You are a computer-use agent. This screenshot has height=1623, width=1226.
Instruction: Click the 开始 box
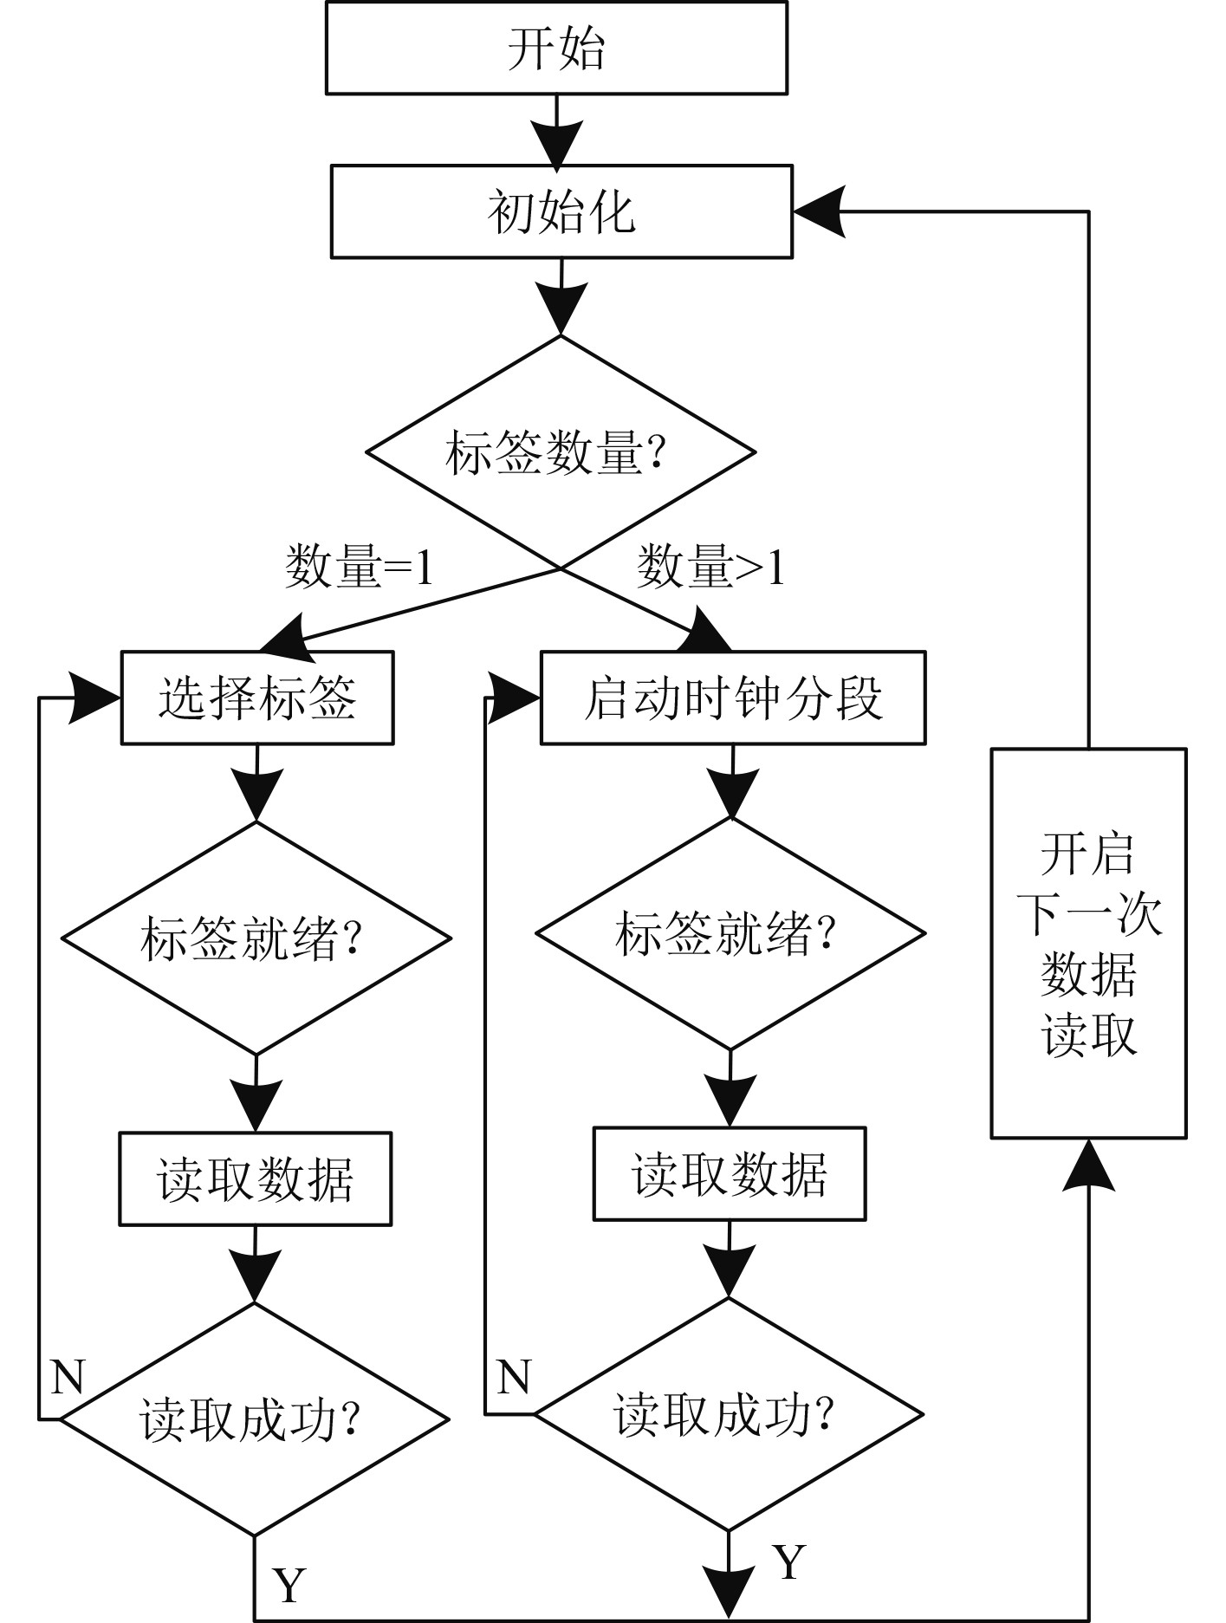click(x=556, y=48)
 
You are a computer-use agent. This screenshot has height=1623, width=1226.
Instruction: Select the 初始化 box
click(x=561, y=212)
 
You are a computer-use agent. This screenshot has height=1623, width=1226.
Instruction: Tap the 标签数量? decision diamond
click(x=561, y=452)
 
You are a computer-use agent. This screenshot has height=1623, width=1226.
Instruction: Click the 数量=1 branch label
click(x=359, y=568)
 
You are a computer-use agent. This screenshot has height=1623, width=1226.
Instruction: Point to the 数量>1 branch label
click(x=710, y=568)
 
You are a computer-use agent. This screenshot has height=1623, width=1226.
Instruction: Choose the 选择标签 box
click(x=257, y=698)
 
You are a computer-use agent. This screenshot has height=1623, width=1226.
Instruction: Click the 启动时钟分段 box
click(x=733, y=698)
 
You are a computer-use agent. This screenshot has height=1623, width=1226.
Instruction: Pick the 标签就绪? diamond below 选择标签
click(x=256, y=938)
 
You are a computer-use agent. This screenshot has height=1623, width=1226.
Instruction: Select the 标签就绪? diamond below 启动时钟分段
click(x=730, y=934)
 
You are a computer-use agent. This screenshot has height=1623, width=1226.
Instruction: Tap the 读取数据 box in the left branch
click(x=256, y=1178)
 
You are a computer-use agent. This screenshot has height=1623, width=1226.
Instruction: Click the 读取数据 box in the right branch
click(x=730, y=1174)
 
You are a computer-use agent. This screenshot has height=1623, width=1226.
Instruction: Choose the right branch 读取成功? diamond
click(x=729, y=1414)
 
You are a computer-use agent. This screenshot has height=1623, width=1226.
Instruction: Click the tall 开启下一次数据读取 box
click(x=1088, y=943)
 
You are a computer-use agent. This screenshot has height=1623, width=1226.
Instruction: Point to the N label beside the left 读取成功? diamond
click(x=68, y=1376)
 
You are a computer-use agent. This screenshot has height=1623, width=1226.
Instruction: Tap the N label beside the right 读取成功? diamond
click(x=514, y=1376)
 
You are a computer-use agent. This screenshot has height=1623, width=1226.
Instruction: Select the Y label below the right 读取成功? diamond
click(x=788, y=1562)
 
